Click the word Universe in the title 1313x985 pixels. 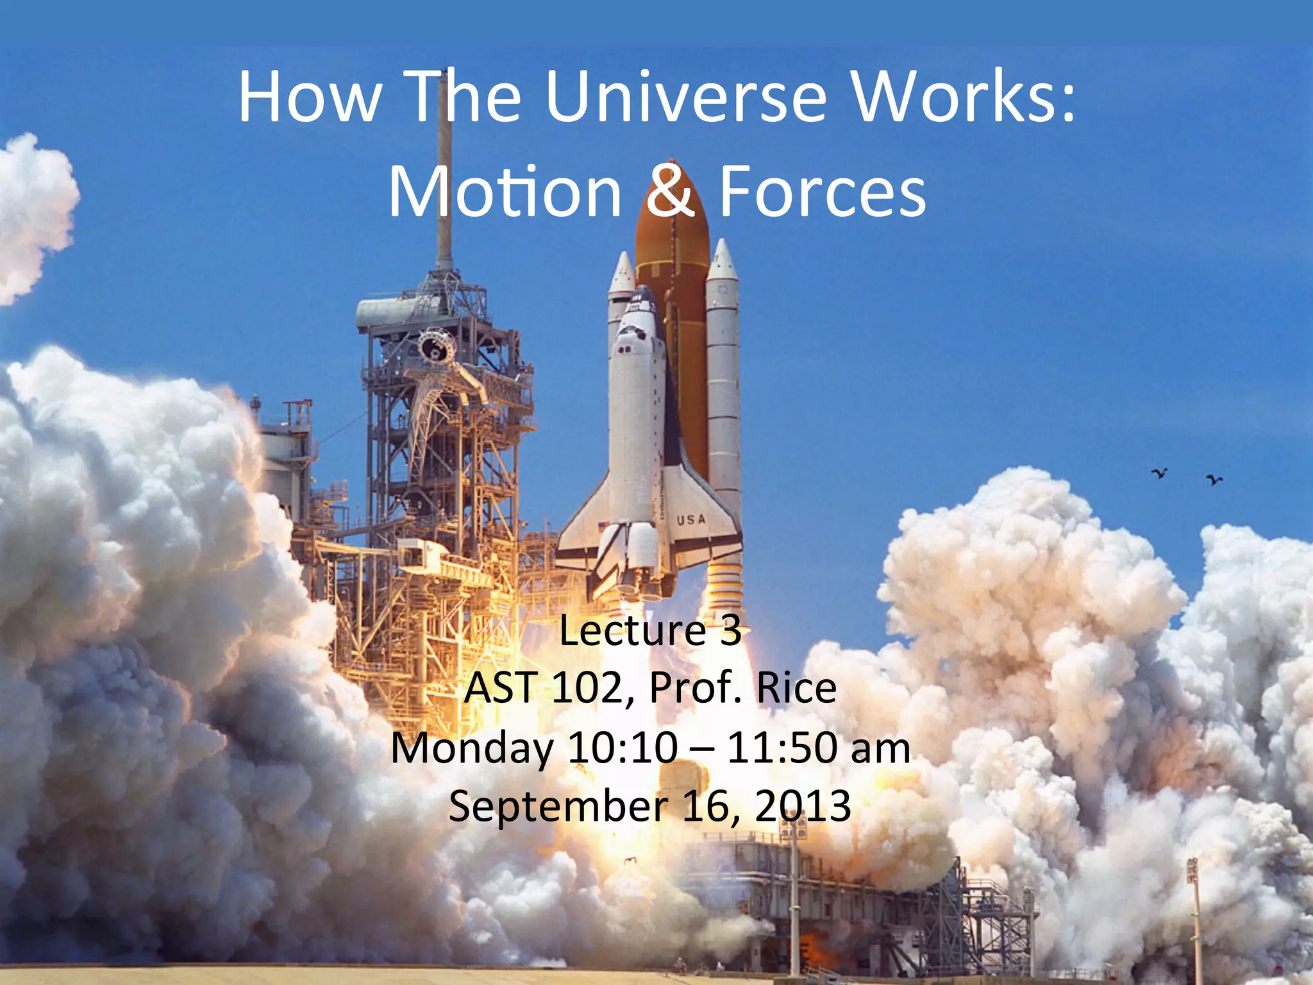point(686,97)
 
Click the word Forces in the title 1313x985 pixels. point(823,192)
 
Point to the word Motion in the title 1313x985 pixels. point(505,192)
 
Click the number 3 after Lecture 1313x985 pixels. point(730,631)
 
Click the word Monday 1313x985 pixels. point(473,748)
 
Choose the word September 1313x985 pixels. point(557,806)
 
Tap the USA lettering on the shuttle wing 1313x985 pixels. point(691,519)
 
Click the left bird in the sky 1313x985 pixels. point(1159,474)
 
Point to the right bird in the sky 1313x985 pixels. point(1214,479)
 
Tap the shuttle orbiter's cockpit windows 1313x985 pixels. point(631,333)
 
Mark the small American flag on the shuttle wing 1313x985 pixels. point(602,526)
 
